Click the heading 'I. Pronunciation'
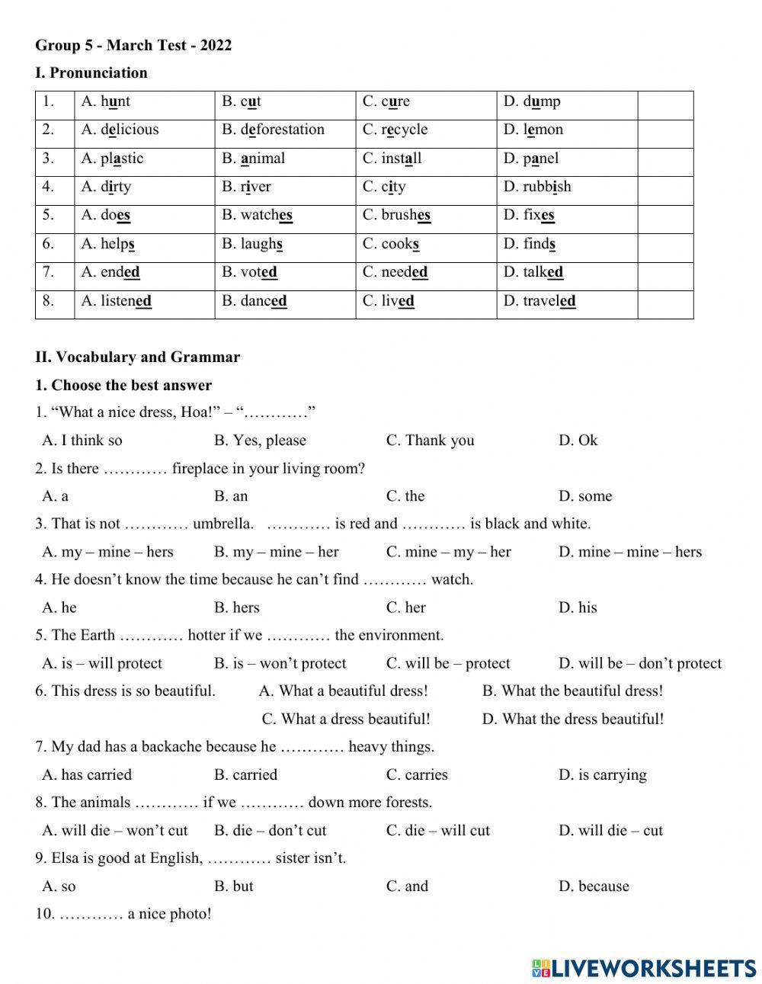pyautogui.click(x=91, y=73)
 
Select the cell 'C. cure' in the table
pyautogui.click(x=386, y=101)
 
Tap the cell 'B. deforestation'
pyautogui.click(x=274, y=130)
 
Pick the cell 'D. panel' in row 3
pyautogui.click(x=531, y=159)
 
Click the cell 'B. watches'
pyautogui.click(x=258, y=215)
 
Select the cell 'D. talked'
pyautogui.click(x=533, y=272)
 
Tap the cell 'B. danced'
pyautogui.click(x=255, y=301)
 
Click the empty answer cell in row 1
pyautogui.click(x=664, y=101)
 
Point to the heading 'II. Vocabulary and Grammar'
pyautogui.click(x=138, y=357)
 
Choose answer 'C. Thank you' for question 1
pyautogui.click(x=430, y=441)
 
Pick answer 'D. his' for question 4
pyautogui.click(x=578, y=607)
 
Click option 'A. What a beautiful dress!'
pyautogui.click(x=344, y=691)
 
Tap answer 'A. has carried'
pyautogui.click(x=87, y=775)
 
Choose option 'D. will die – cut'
pyautogui.click(x=610, y=831)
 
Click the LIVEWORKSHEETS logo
pyautogui.click(x=644, y=968)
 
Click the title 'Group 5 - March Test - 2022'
pyautogui.click(x=133, y=46)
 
